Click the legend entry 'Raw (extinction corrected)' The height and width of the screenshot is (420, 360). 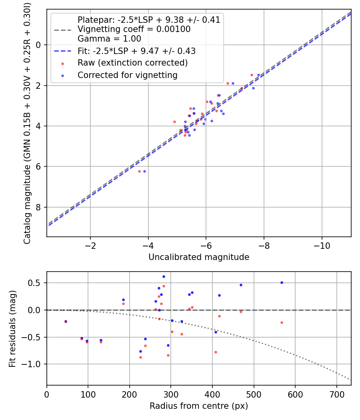pyautogui.click(x=132, y=63)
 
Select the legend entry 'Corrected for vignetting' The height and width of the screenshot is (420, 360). pyautogui.click(x=128, y=75)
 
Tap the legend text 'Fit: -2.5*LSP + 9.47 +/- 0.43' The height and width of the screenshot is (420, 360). pyautogui.click(x=136, y=51)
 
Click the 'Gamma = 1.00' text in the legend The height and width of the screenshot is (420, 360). pyautogui.click(x=109, y=39)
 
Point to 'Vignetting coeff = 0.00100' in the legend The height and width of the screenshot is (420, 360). pyautogui.click(x=134, y=29)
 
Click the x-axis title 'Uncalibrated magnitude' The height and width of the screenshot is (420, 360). pyautogui.click(x=199, y=257)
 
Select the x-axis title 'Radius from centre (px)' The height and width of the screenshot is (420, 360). pyautogui.click(x=199, y=406)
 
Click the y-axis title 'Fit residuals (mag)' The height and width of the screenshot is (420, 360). pyautogui.click(x=12, y=328)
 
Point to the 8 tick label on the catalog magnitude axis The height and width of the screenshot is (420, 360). pyautogui.click(x=39, y=207)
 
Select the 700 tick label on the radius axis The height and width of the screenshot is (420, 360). pyautogui.click(x=336, y=394)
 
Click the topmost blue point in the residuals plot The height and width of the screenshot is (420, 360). pyautogui.click(x=164, y=276)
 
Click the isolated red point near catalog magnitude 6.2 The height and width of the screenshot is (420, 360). pyautogui.click(x=140, y=171)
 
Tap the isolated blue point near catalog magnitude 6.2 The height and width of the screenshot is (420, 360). pyautogui.click(x=144, y=171)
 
